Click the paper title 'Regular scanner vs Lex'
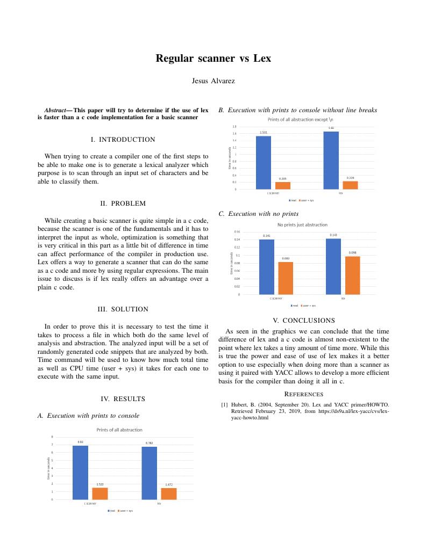click(x=213, y=58)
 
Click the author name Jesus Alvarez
click(x=213, y=81)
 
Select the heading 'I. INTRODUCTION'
click(x=123, y=140)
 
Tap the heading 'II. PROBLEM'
click(x=123, y=204)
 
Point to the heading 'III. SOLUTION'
click(x=123, y=309)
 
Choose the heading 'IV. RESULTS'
click(x=123, y=399)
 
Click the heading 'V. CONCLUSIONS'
click(x=304, y=321)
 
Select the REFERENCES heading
click(x=304, y=394)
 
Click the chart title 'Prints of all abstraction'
click(x=119, y=430)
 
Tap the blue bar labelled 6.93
click(x=80, y=473)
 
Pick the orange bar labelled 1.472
click(x=169, y=493)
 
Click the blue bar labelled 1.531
click(x=264, y=162)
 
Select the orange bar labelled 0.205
click(x=283, y=185)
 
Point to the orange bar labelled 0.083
click(x=286, y=278)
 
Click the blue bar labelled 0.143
click(x=333, y=266)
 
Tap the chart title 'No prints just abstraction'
click(x=302, y=225)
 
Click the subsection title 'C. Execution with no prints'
click(x=258, y=214)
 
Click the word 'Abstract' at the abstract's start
click(x=55, y=110)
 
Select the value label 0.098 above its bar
click(x=353, y=253)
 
